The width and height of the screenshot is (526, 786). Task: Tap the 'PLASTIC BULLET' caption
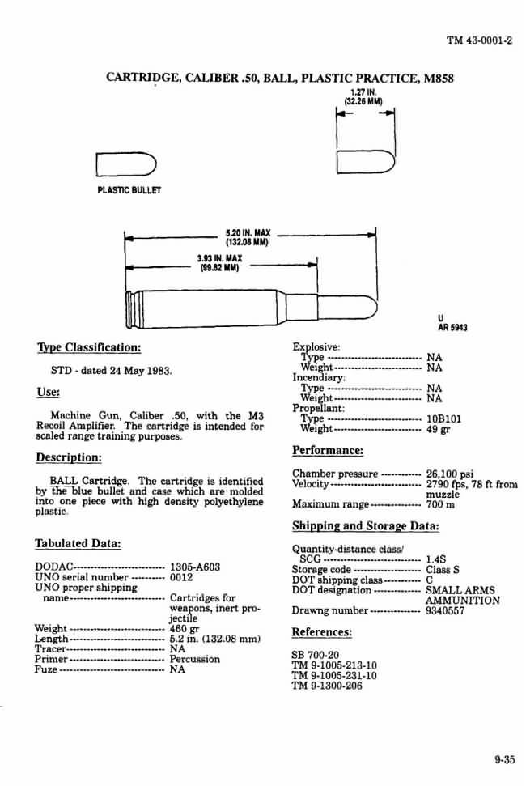click(x=129, y=190)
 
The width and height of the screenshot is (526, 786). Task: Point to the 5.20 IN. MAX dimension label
click(x=247, y=232)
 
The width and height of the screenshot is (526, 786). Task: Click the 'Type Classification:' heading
click(x=89, y=348)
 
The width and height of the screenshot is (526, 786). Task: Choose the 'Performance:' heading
click(x=327, y=450)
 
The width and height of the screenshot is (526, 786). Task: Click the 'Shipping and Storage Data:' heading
click(x=365, y=525)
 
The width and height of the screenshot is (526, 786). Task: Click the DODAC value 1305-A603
click(x=195, y=567)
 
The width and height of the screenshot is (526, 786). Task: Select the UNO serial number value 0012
click(x=181, y=578)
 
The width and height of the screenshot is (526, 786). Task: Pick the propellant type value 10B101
click(x=444, y=418)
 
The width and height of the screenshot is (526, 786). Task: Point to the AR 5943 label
click(x=452, y=328)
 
